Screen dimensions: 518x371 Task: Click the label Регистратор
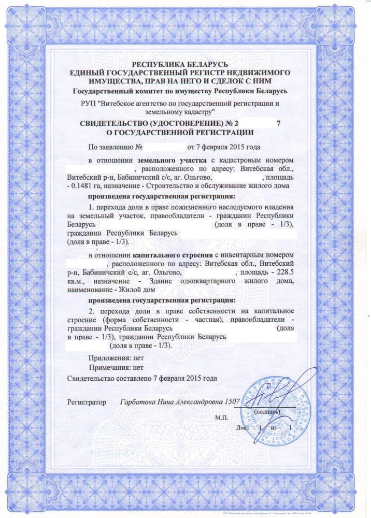[86, 402]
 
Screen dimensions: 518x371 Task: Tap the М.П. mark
[221, 417]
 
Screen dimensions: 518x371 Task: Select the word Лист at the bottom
[242, 428]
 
